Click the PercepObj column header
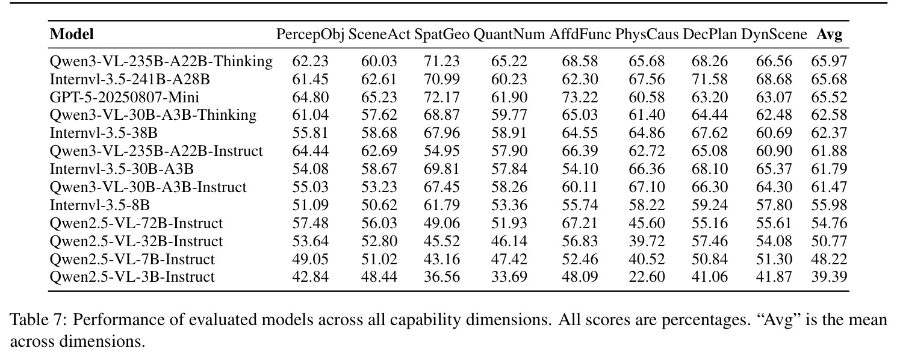311,35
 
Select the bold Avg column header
830,35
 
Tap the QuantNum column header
509,35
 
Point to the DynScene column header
774,35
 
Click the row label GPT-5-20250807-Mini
124,98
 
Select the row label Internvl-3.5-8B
100,205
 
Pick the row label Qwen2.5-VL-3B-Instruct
132,277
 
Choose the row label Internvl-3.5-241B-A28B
130,79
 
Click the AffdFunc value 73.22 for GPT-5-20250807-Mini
580,98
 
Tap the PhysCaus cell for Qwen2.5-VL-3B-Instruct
647,277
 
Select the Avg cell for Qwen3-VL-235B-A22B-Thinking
830,61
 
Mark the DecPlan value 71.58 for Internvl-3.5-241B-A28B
710,79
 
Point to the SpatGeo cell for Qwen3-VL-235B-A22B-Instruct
442,151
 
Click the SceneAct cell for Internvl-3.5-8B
379,205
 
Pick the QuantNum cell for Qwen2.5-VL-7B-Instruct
509,259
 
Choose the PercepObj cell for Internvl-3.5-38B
311,133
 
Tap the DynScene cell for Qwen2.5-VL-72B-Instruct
774,223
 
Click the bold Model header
72,34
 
